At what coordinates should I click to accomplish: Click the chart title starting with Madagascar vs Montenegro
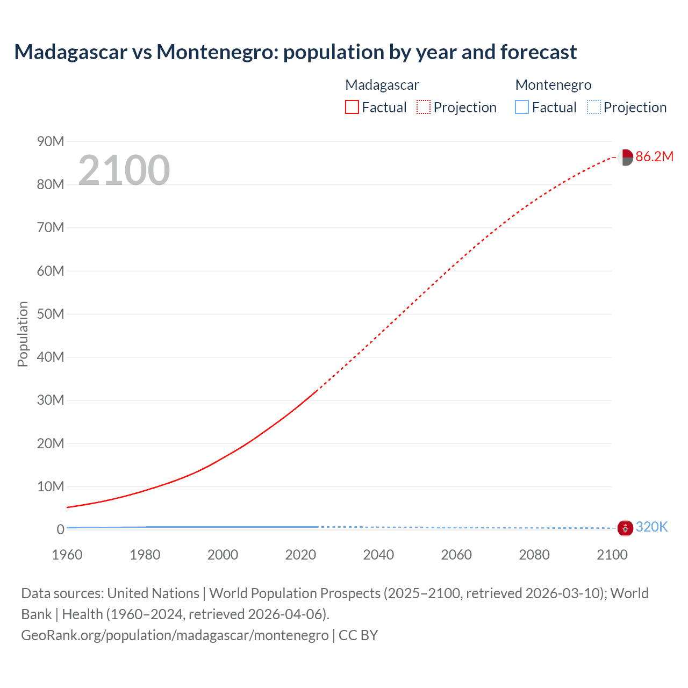295,52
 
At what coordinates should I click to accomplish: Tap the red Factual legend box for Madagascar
352,107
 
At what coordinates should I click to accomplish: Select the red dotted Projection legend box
423,107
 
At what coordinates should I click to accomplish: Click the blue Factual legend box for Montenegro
521,107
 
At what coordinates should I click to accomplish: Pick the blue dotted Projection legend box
593,107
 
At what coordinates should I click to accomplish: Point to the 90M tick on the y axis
51,141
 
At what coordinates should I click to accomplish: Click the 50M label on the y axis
51,314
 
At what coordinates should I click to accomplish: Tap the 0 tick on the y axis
60,529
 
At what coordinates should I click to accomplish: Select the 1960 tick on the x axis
67,555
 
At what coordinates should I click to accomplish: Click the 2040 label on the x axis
378,555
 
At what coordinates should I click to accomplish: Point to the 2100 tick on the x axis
612,555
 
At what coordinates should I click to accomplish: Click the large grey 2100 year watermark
124,170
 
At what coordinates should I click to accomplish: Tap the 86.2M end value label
654,156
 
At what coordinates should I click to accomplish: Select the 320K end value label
651,527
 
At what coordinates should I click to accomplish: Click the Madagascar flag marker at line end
625,157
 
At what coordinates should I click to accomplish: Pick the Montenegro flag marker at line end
625,528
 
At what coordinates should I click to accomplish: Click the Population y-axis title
23,334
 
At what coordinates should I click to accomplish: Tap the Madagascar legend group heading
382,85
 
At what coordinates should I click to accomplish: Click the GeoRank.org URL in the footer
175,635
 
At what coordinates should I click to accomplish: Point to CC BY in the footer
358,635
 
